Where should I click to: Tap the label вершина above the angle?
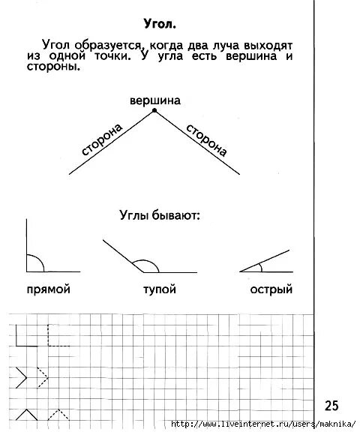click(x=155, y=100)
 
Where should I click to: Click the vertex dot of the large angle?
click(x=155, y=111)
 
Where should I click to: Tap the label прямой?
click(x=47, y=289)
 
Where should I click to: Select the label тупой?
click(x=159, y=289)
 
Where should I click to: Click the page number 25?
click(x=331, y=406)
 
